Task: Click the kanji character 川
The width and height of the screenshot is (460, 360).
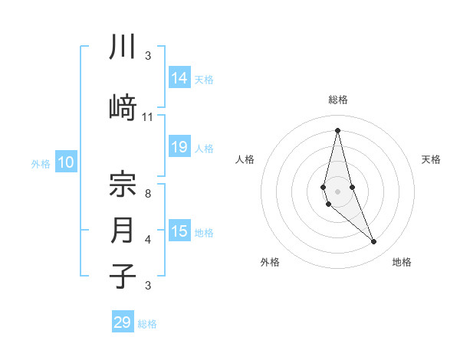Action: (x=123, y=47)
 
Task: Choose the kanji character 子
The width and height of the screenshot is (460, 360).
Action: (x=123, y=276)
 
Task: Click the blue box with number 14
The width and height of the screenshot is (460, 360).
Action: (x=179, y=78)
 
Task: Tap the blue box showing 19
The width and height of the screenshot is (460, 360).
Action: (x=179, y=147)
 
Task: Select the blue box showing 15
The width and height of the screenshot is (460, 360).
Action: (x=179, y=231)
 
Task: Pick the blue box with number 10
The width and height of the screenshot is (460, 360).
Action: (x=66, y=162)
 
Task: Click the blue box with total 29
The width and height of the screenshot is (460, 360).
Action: (x=123, y=322)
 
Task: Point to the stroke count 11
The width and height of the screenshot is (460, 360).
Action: (x=148, y=117)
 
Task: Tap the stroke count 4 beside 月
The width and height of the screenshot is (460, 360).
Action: (x=148, y=240)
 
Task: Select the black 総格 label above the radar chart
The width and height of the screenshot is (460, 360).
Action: (x=338, y=100)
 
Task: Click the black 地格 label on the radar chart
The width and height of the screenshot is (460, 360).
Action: (x=402, y=262)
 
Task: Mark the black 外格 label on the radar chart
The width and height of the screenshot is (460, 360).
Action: (x=270, y=262)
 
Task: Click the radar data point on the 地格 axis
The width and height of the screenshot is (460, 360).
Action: (x=374, y=242)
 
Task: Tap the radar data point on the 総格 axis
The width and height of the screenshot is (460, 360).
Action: (x=337, y=129)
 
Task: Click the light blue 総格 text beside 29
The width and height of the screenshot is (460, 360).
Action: (x=147, y=324)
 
